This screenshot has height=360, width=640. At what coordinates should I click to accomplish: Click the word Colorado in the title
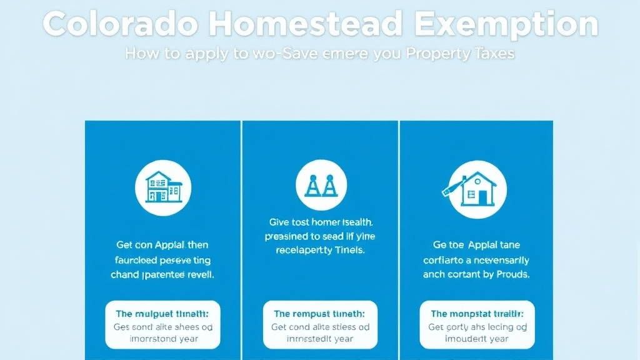coord(119,25)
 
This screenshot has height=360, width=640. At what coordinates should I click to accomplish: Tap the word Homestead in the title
coord(306,25)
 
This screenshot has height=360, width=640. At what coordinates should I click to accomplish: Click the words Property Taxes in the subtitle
coord(460,54)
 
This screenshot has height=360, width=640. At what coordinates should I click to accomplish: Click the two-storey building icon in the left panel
coord(163,187)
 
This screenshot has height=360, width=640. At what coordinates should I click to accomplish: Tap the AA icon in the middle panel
coord(321,187)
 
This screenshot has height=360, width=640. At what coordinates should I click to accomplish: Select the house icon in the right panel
coord(478,189)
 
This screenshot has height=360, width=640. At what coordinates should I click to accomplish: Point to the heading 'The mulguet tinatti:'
coord(162,314)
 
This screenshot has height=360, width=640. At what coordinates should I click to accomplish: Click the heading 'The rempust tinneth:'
coord(319,314)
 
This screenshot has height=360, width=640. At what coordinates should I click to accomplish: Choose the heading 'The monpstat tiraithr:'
coord(477,314)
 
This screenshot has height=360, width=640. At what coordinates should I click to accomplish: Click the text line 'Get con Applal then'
coord(162,245)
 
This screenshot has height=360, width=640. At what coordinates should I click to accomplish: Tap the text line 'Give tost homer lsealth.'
coord(321,222)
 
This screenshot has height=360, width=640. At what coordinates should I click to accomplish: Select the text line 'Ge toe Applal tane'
coord(476,245)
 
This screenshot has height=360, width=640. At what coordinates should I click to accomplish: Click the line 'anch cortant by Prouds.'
coord(476,274)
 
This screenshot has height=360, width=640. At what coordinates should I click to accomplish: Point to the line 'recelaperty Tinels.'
coord(320,251)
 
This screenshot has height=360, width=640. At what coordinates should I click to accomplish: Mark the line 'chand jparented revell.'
coord(162,274)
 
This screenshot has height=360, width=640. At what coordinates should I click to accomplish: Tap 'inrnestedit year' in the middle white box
coord(320,339)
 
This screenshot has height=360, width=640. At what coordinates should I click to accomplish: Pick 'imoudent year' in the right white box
coord(476,339)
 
